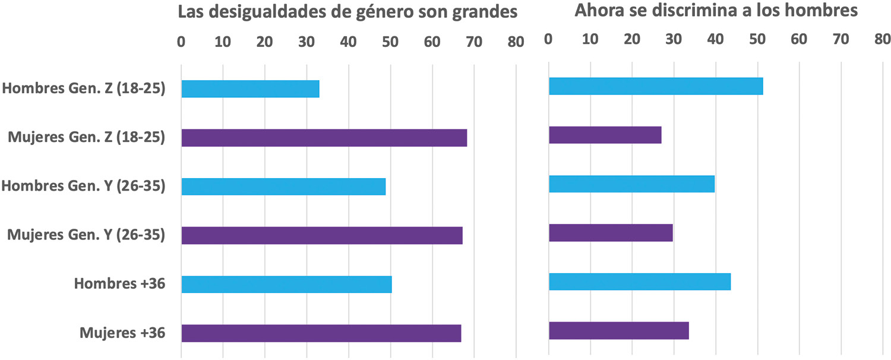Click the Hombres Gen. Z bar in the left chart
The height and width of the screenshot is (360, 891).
click(x=250, y=89)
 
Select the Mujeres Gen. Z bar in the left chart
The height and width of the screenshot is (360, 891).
click(x=324, y=138)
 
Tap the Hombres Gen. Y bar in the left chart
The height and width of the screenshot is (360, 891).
click(x=283, y=187)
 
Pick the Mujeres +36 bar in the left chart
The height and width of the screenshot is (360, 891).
click(x=321, y=333)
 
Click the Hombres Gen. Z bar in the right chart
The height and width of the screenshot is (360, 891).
click(x=656, y=86)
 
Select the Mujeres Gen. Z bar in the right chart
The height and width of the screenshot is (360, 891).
click(x=605, y=135)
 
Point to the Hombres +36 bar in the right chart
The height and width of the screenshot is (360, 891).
click(x=640, y=282)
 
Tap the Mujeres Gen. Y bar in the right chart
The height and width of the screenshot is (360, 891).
click(x=611, y=233)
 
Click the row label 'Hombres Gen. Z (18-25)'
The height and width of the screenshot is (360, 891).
click(x=84, y=89)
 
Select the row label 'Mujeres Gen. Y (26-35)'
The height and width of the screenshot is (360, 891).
click(x=86, y=235)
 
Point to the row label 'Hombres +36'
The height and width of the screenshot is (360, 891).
click(x=119, y=284)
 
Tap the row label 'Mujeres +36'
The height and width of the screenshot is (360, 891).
click(x=122, y=333)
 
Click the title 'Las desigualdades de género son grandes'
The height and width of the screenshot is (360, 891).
click(x=348, y=13)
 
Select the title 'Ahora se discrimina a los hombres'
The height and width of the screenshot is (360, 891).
click(x=716, y=11)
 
